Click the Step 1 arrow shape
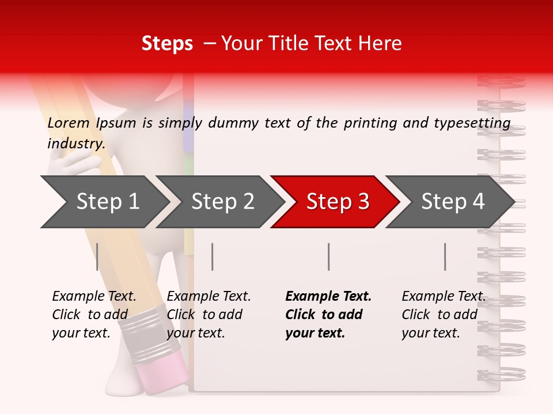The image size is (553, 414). (104, 202)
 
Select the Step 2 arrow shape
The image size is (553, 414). (222, 202)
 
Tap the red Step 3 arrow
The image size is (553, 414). (337, 202)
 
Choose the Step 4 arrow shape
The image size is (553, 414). (452, 202)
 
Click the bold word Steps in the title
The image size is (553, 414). (167, 44)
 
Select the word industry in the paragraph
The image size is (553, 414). (76, 143)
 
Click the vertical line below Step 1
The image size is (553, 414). (97, 256)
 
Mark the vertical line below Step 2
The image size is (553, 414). (213, 256)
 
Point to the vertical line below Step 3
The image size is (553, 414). (329, 256)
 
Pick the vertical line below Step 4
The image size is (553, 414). (445, 256)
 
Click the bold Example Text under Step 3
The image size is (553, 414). (328, 297)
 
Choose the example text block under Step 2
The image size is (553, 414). (208, 315)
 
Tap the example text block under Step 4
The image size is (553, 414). (443, 315)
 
